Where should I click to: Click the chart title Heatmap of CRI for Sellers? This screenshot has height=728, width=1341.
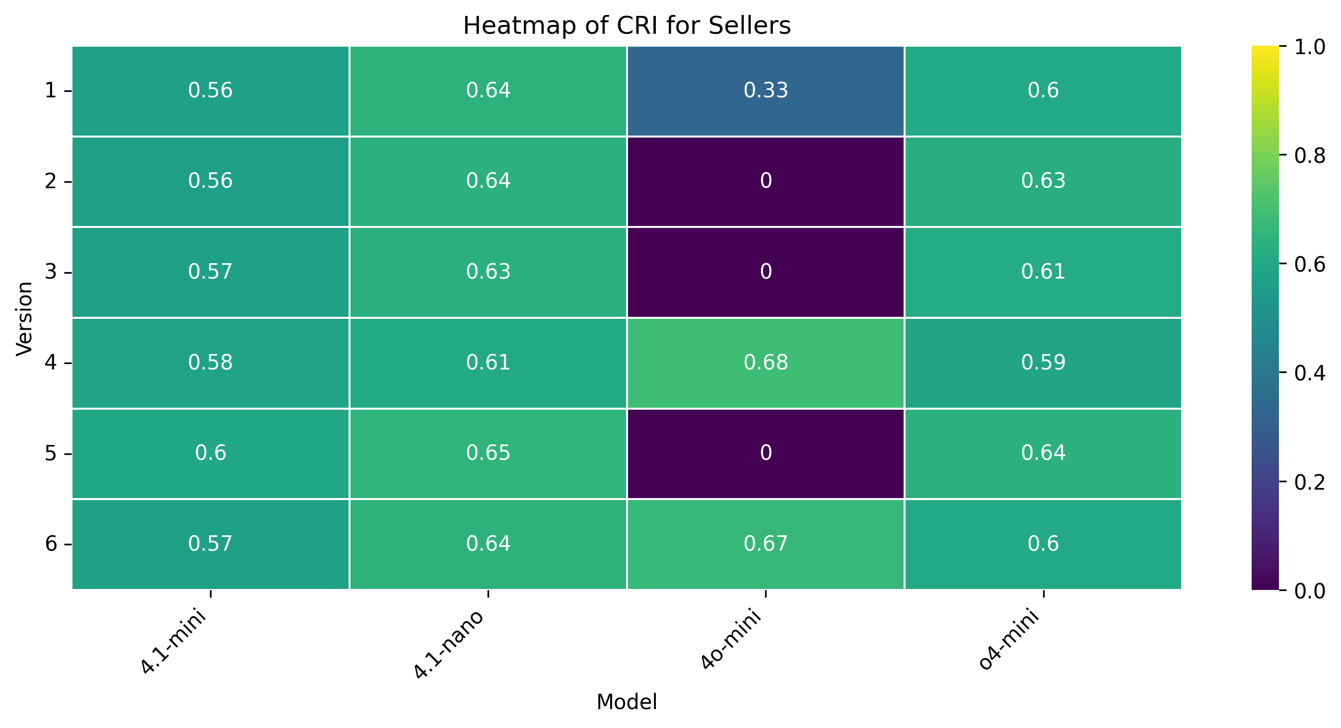626,25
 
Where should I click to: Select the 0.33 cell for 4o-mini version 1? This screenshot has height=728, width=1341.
765,90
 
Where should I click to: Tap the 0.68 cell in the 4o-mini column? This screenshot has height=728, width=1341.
765,363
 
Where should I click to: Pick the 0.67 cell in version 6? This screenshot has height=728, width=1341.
765,544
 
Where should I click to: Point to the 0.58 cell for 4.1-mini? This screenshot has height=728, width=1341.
211,363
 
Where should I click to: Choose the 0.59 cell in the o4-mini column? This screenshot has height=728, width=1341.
1043,363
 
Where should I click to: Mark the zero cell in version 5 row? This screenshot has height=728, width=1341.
765,453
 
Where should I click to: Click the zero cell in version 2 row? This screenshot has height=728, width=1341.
765,181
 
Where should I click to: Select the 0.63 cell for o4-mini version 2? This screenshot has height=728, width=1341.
1043,181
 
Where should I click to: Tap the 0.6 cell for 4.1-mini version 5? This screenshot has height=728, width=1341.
211,453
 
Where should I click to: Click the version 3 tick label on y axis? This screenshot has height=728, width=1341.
51,272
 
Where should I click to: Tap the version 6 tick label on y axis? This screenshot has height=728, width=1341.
51,544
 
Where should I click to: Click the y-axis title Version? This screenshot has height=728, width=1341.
24,318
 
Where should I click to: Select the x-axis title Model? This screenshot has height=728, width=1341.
626,702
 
